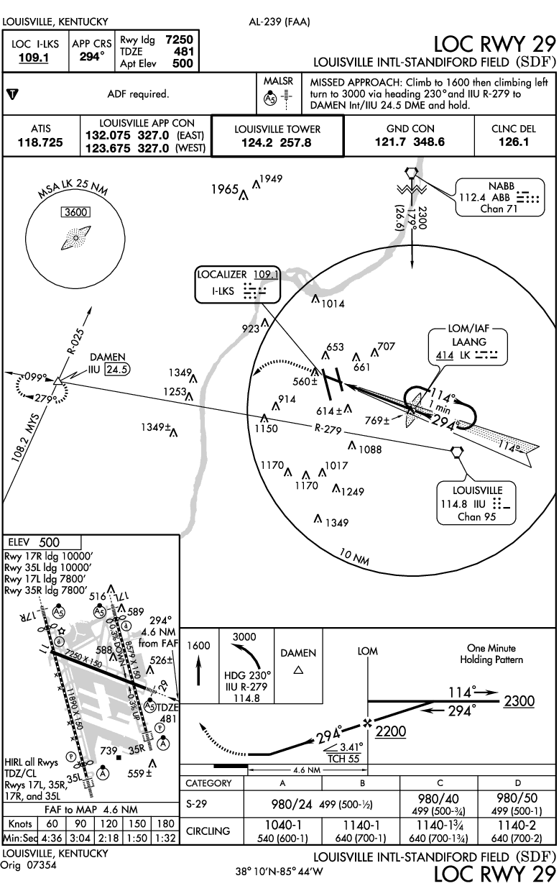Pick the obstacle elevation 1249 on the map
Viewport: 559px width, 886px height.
(x=352, y=492)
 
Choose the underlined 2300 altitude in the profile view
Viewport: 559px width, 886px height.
(x=518, y=701)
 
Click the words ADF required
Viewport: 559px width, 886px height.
(x=137, y=93)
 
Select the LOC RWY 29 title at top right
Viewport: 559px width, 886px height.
(x=496, y=43)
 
